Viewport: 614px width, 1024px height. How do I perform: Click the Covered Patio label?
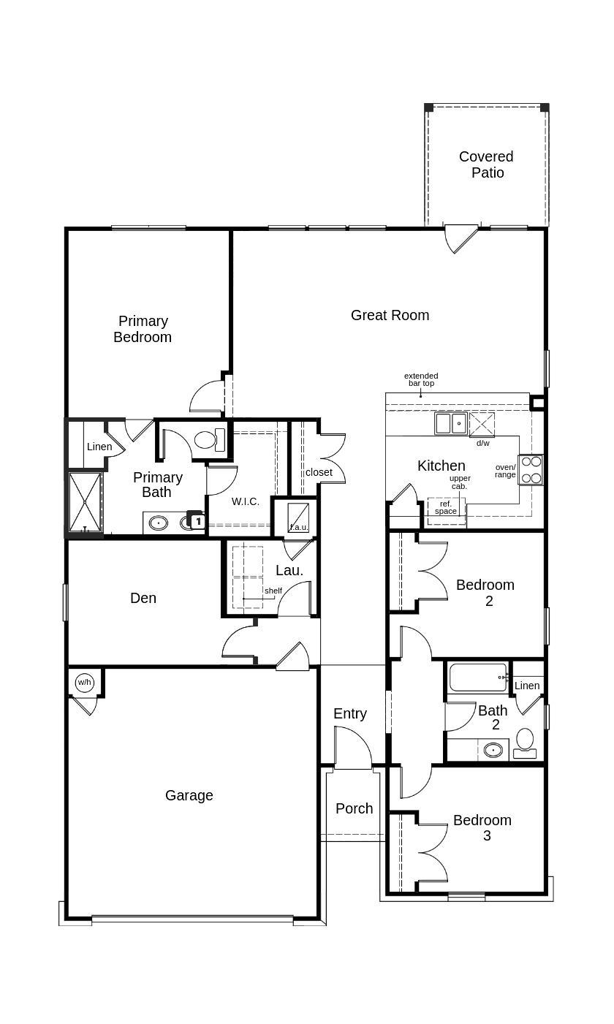(486, 164)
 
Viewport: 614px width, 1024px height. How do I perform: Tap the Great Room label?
(390, 315)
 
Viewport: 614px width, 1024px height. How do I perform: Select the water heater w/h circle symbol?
(85, 683)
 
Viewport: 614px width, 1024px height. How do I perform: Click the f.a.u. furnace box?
(297, 517)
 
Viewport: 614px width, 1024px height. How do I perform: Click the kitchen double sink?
(451, 423)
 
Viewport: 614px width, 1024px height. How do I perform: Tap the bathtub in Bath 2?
(478, 678)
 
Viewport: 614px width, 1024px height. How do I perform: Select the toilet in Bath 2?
(525, 743)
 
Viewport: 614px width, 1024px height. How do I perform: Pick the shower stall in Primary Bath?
(85, 503)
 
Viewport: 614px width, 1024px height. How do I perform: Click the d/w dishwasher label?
(483, 443)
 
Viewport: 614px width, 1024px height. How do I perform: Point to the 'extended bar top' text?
(421, 379)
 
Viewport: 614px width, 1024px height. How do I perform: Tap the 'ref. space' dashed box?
(446, 507)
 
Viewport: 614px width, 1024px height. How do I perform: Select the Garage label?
(189, 795)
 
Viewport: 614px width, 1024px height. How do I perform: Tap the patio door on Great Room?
(460, 238)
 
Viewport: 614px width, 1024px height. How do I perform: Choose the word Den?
(143, 598)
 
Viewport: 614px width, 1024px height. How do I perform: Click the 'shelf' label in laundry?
(273, 591)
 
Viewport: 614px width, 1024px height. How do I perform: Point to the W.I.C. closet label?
(246, 501)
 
